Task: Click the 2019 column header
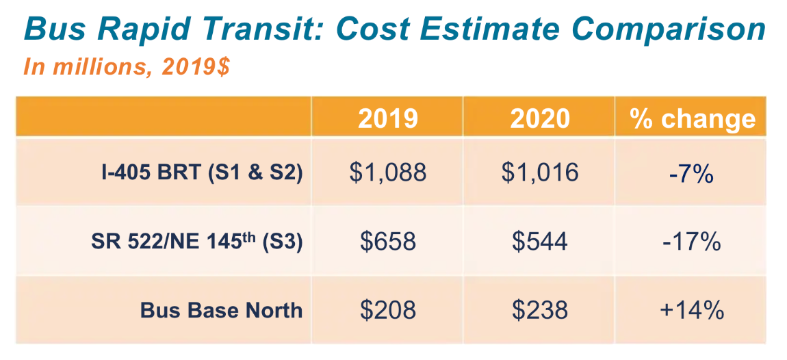pyautogui.click(x=387, y=118)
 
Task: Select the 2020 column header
pyautogui.click(x=539, y=118)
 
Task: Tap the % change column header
pyautogui.click(x=693, y=118)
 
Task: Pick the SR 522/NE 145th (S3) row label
pyautogui.click(x=196, y=241)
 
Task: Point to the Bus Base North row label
pyautogui.click(x=221, y=310)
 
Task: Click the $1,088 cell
pyautogui.click(x=387, y=172)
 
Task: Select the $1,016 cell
pyautogui.click(x=539, y=172)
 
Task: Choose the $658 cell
pyautogui.click(x=387, y=241)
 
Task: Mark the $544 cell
pyautogui.click(x=539, y=241)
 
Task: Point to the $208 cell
pyautogui.click(x=387, y=310)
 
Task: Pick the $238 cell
pyautogui.click(x=539, y=310)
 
